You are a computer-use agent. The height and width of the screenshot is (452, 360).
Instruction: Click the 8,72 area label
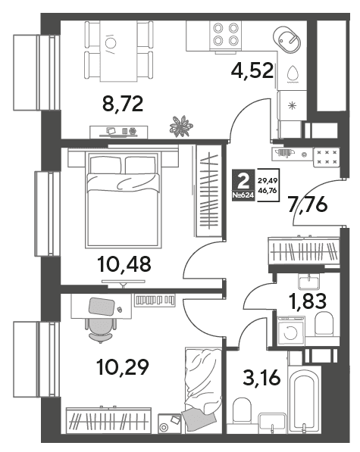point(123,104)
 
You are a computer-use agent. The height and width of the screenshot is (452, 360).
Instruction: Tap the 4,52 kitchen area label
point(252,70)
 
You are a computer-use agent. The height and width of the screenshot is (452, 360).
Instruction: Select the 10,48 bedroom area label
point(124,264)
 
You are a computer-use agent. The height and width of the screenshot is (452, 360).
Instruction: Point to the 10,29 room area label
point(123,367)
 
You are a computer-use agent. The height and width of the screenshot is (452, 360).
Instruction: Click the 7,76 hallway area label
point(308,204)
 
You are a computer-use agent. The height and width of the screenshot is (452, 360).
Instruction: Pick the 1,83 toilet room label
point(308,301)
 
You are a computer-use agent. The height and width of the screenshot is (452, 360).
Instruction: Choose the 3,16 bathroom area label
point(261,378)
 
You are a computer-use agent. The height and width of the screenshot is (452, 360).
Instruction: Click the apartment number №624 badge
point(243,195)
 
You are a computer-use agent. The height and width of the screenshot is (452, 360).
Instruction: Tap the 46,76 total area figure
point(268,191)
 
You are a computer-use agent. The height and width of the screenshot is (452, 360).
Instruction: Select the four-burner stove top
point(227,34)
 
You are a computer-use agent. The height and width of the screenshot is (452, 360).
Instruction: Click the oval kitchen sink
point(287,39)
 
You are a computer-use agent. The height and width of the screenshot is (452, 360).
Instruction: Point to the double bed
point(124,200)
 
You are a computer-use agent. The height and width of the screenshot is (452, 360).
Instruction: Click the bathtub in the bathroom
point(302,401)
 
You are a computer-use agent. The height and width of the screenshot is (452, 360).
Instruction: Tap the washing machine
point(291,331)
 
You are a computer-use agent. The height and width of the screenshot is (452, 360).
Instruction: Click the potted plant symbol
point(181,126)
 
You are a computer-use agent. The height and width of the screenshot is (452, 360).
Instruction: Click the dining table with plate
point(118,51)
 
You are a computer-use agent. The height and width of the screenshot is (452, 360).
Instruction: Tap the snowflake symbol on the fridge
point(293,106)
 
